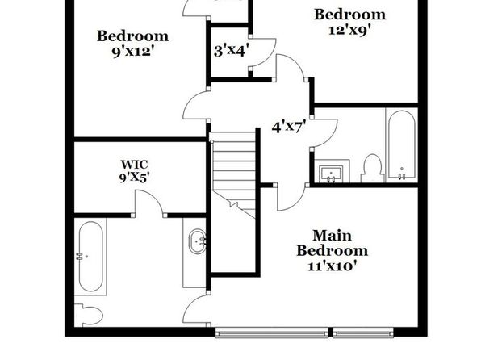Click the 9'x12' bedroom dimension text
[x=132, y=51]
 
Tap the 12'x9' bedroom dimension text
[x=350, y=30]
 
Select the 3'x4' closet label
[x=231, y=51]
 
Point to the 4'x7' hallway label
[x=289, y=127]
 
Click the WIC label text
[x=134, y=164]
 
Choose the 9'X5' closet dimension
[x=134, y=178]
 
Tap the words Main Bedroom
[x=333, y=243]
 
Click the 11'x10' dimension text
[x=333, y=266]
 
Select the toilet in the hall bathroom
[x=372, y=168]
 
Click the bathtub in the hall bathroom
[x=402, y=144]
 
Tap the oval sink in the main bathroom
[x=197, y=241]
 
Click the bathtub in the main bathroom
[x=90, y=256]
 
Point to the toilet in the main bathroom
[x=89, y=315]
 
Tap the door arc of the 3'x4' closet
[x=270, y=55]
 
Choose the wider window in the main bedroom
[x=271, y=333]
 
